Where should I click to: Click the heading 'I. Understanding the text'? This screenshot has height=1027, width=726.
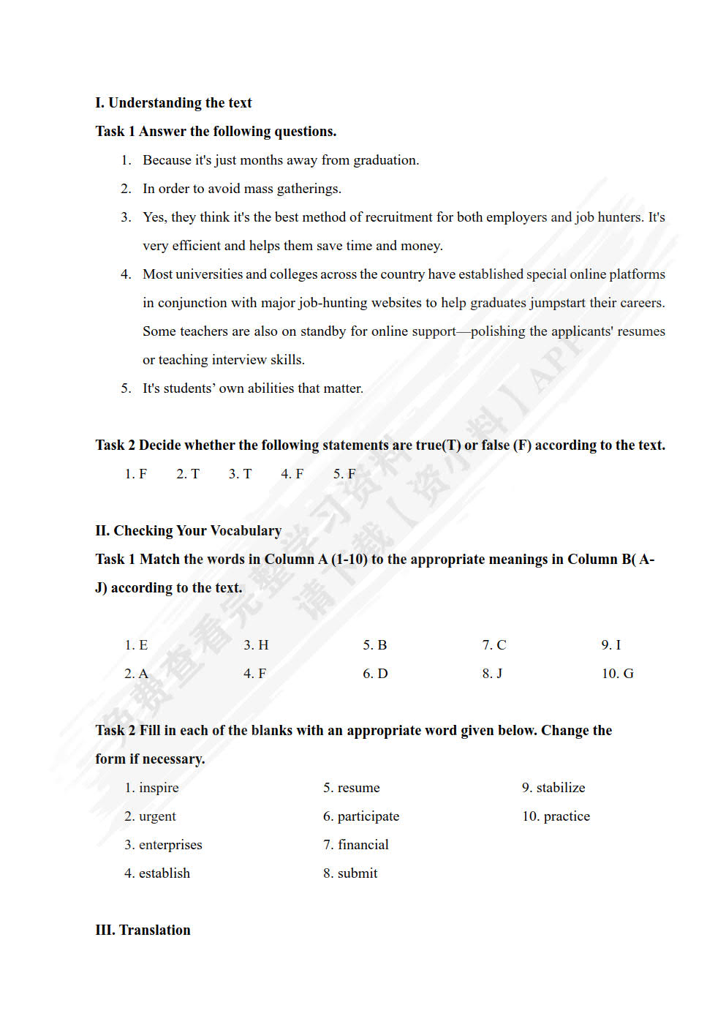click(x=173, y=103)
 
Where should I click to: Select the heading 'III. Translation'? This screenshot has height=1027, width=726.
click(x=143, y=930)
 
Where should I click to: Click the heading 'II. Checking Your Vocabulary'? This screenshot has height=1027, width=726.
click(x=188, y=531)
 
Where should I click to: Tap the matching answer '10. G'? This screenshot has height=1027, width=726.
click(x=617, y=674)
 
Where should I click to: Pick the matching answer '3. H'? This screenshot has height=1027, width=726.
click(x=256, y=645)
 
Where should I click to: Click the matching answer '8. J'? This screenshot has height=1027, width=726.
click(x=492, y=674)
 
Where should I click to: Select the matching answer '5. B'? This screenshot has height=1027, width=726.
click(x=374, y=645)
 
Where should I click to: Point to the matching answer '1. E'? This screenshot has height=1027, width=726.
click(x=136, y=645)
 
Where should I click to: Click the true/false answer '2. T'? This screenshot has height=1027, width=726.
click(x=187, y=474)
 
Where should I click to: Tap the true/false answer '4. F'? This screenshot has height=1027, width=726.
click(x=292, y=474)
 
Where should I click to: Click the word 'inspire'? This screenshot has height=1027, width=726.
click(x=159, y=788)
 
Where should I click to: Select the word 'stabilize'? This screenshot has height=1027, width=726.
click(x=561, y=788)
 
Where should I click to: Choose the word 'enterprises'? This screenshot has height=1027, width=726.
click(x=170, y=845)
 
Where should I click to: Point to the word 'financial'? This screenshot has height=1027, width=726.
click(x=363, y=845)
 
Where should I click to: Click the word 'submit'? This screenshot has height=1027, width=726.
click(x=358, y=873)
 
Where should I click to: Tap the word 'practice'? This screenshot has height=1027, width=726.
click(x=567, y=816)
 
